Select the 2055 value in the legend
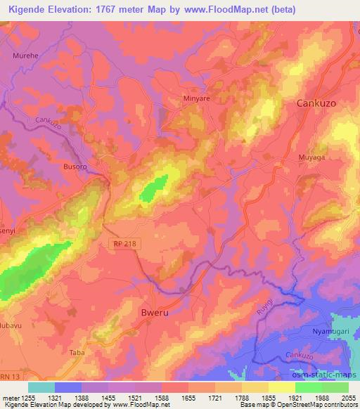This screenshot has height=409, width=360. coord(347,397)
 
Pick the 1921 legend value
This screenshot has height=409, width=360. coord(285,397)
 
